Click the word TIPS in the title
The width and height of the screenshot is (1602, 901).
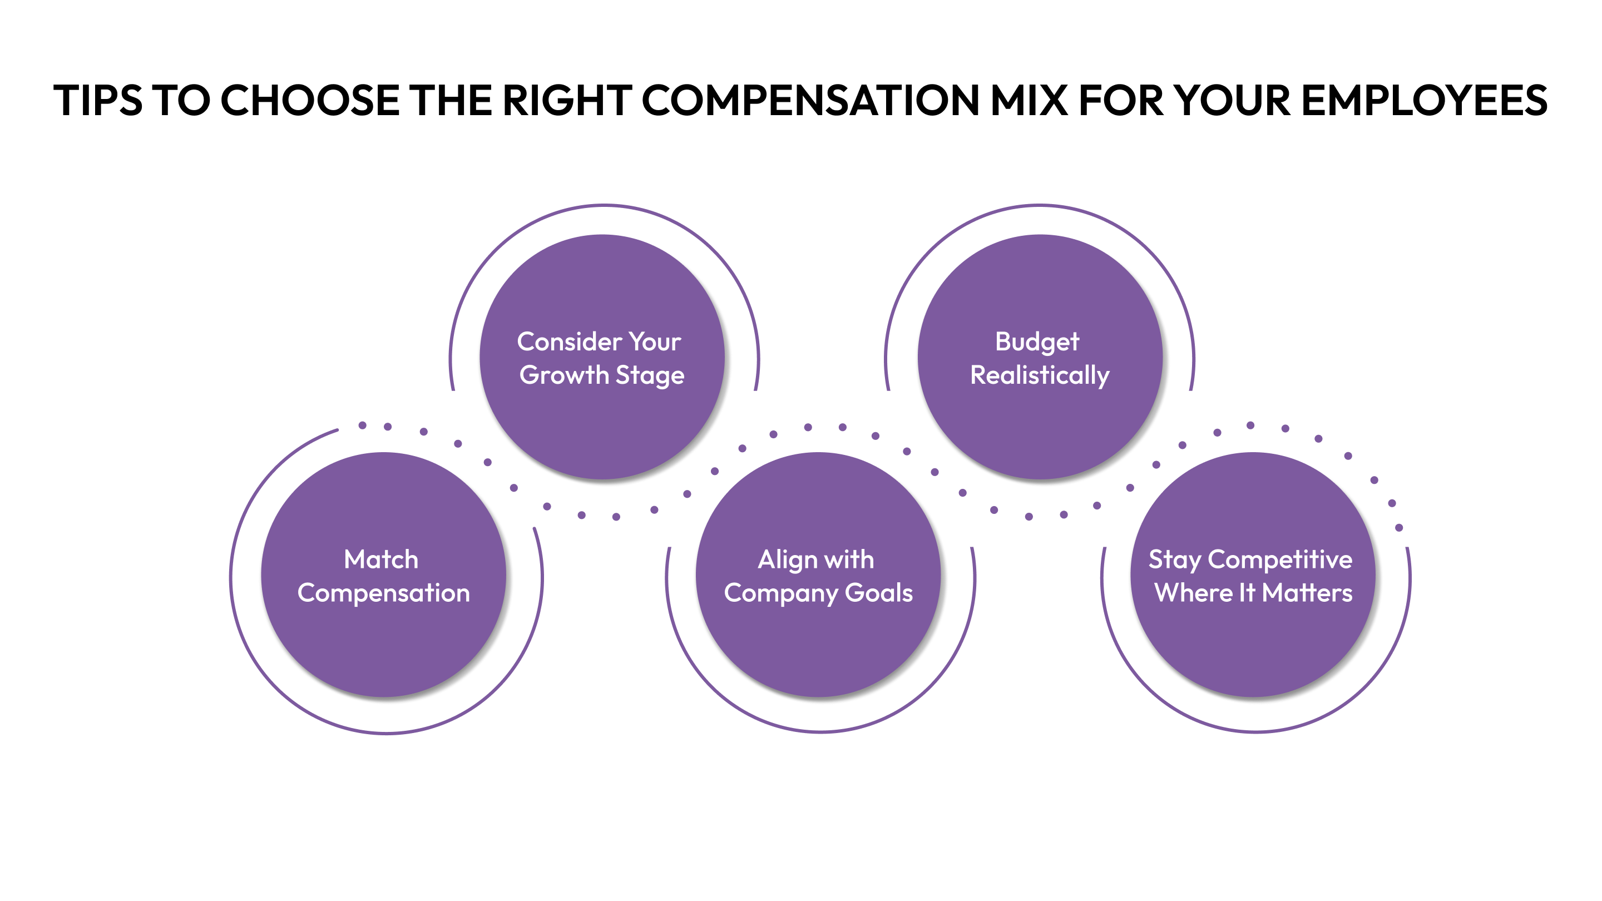(98, 101)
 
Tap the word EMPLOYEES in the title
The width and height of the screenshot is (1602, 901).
(1424, 101)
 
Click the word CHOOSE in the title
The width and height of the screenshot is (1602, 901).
(310, 101)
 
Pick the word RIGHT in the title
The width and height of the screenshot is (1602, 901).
(567, 101)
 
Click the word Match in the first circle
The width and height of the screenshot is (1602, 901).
(381, 560)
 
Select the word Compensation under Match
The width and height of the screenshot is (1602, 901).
(384, 593)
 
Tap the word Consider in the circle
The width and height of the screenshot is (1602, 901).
(569, 342)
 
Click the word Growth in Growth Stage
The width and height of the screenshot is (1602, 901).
(564, 375)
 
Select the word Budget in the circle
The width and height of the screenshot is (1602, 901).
(1037, 342)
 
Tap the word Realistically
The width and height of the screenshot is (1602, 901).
(1040, 375)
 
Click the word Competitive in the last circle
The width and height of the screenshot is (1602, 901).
(1280, 560)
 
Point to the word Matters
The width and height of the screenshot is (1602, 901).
(1307, 593)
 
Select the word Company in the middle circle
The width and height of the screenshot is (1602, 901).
(780, 593)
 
